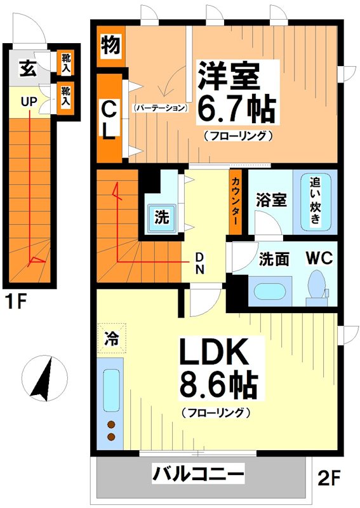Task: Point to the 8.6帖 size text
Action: pos(217,385)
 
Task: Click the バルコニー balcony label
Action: pos(197,474)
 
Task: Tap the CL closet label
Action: pos(109,119)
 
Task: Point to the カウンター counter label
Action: pos(235,201)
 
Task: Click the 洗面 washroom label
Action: pos(275,260)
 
